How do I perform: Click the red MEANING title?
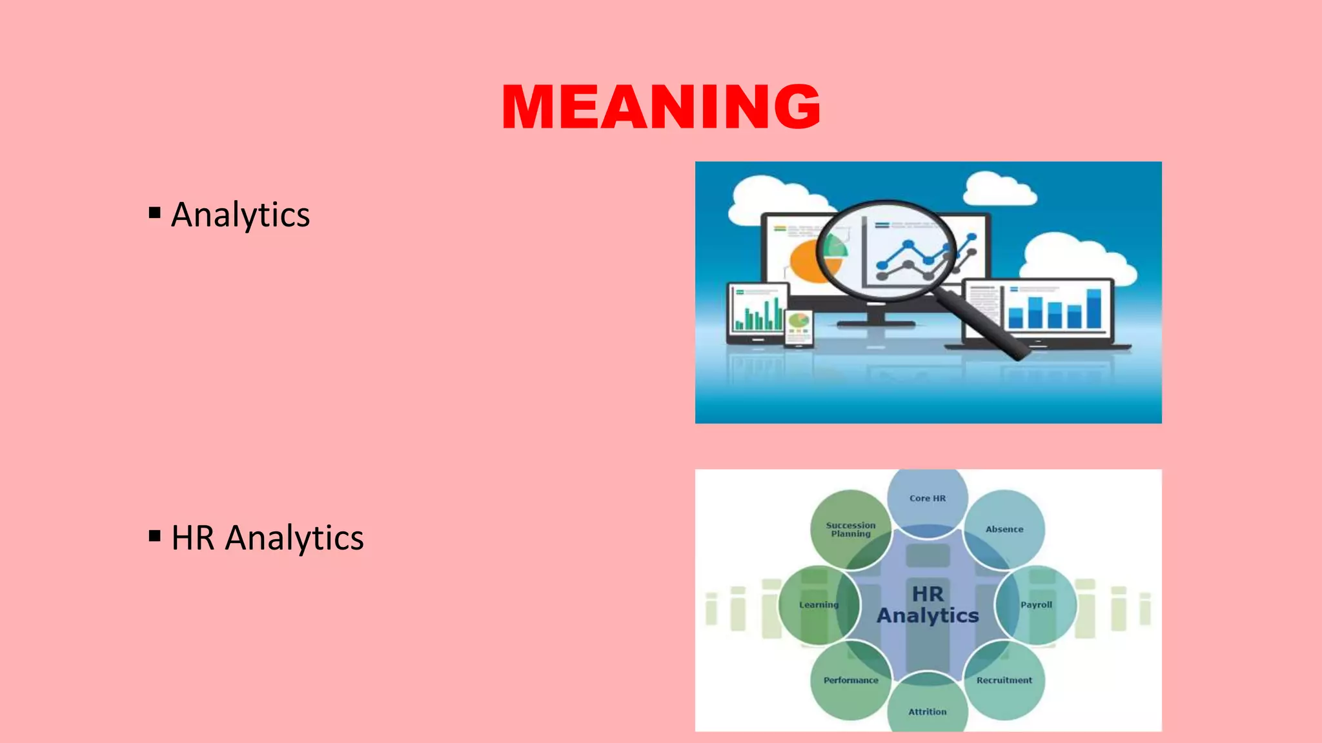tap(661, 106)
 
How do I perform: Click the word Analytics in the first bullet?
tap(240, 215)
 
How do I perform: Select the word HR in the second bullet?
tap(192, 538)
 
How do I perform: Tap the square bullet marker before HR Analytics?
tap(154, 535)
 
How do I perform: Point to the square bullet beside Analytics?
tap(154, 212)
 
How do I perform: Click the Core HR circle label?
tap(928, 499)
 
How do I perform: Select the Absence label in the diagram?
tap(1004, 530)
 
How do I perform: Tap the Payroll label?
tap(1036, 605)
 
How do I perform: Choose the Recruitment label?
tap(1004, 680)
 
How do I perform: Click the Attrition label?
tap(928, 712)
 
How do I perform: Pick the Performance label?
tap(851, 680)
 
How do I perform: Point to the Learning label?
tap(819, 605)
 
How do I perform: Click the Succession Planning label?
tap(851, 530)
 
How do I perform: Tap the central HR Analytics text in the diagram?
tap(928, 605)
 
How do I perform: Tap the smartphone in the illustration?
tap(798, 328)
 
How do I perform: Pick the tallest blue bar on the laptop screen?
tap(1094, 308)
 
